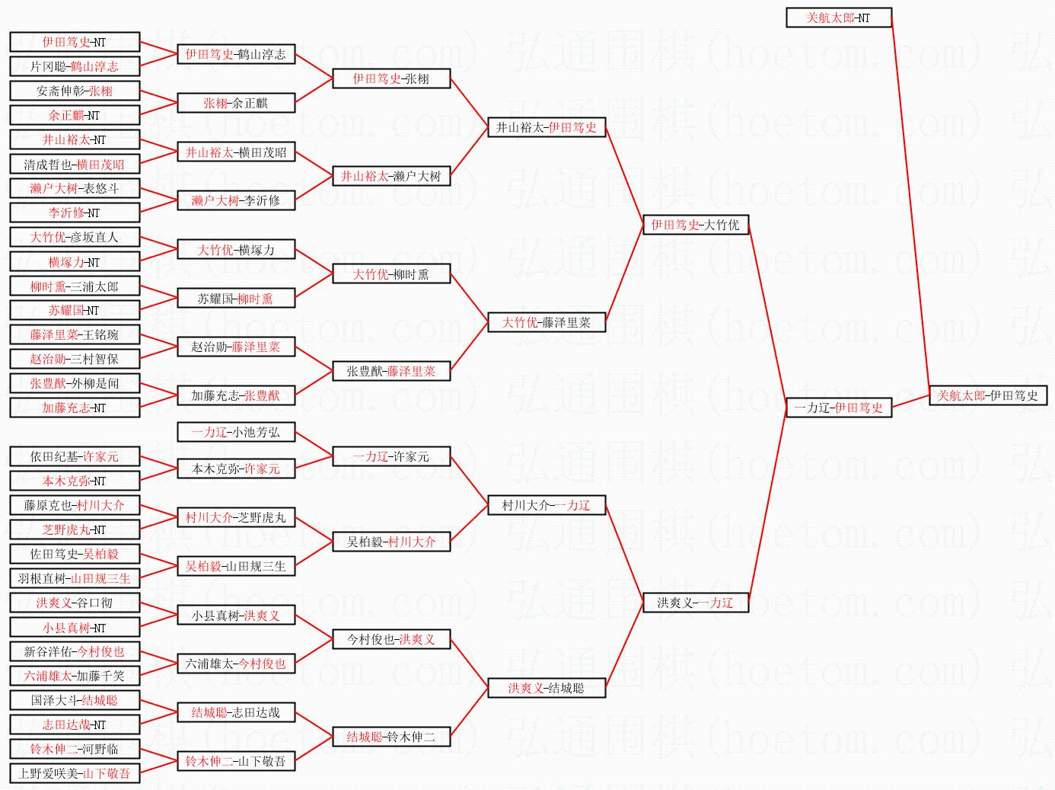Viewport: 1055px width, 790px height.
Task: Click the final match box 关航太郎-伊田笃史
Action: click(x=987, y=395)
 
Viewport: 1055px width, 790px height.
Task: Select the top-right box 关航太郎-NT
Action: click(x=838, y=18)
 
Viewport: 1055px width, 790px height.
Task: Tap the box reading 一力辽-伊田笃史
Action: click(x=838, y=408)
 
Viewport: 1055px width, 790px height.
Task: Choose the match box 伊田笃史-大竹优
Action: click(x=695, y=225)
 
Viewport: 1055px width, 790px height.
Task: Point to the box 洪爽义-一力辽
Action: click(x=695, y=603)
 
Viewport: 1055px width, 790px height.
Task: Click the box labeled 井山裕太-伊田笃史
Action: click(x=546, y=127)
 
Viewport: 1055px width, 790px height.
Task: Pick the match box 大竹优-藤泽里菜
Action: click(x=546, y=322)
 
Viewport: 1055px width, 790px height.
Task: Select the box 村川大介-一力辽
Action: click(x=546, y=505)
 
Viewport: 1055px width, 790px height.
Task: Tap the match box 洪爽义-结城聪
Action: click(x=546, y=688)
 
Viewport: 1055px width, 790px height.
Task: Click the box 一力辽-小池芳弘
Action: click(x=235, y=432)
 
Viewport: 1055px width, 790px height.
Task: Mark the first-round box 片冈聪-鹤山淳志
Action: click(x=75, y=66)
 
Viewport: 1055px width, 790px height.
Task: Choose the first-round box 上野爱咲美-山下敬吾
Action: click(x=75, y=773)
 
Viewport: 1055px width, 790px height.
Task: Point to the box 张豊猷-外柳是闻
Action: click(x=75, y=383)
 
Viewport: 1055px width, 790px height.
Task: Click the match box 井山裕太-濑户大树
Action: click(x=390, y=176)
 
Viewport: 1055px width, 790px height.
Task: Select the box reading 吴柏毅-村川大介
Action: click(x=390, y=542)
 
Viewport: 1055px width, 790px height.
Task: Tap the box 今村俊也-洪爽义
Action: click(x=390, y=639)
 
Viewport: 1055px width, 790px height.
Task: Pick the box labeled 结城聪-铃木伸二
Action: click(x=390, y=737)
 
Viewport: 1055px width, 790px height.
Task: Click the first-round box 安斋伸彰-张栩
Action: click(x=75, y=91)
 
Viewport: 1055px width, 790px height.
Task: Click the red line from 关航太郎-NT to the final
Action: click(x=910, y=206)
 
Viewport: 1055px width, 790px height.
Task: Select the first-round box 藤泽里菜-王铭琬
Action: click(x=75, y=334)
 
